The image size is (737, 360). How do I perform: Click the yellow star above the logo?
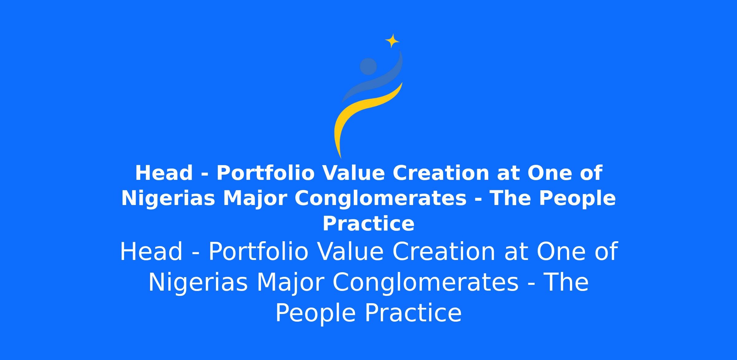(x=392, y=41)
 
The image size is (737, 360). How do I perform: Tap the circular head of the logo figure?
(x=368, y=66)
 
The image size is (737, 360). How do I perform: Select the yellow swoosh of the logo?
(x=356, y=114)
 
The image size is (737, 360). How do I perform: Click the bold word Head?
(x=164, y=173)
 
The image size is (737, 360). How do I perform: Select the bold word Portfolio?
(x=266, y=173)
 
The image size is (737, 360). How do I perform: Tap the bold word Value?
(x=354, y=173)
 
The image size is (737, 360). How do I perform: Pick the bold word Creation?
(x=441, y=173)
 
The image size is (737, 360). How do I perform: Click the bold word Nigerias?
(x=168, y=198)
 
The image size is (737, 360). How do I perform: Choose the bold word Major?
(x=255, y=199)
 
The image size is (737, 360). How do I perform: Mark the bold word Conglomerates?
(x=381, y=199)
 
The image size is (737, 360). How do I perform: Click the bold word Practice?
(x=368, y=223)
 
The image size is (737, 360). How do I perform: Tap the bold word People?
(x=577, y=199)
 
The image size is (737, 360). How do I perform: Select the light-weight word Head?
(x=151, y=252)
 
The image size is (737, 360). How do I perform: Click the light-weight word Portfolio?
(x=258, y=252)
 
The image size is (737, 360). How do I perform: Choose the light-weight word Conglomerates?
(x=426, y=283)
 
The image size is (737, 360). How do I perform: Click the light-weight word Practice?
(x=413, y=313)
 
